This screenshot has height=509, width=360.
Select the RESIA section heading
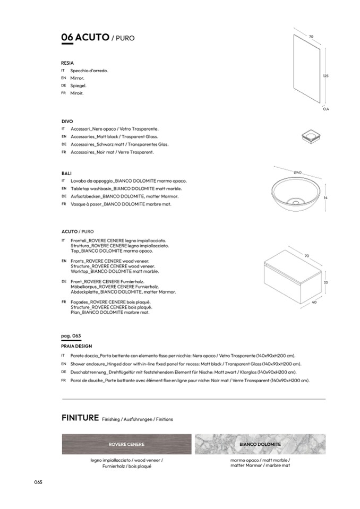67,63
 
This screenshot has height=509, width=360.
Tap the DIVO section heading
67,121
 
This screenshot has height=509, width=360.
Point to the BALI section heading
67,173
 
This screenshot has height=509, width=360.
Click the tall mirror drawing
306,67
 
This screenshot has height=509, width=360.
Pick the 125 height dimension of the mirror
325,76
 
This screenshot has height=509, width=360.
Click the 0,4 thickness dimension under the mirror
326,109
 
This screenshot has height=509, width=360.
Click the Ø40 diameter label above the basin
297,172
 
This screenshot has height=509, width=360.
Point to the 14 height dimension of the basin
325,197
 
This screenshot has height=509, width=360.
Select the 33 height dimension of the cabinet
325,282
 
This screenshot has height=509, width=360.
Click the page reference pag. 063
71,337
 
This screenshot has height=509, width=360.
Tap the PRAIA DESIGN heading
76,346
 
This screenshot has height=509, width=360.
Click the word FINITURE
80,418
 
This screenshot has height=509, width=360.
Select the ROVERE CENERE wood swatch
126,444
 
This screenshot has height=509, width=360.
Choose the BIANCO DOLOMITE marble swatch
260,444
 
